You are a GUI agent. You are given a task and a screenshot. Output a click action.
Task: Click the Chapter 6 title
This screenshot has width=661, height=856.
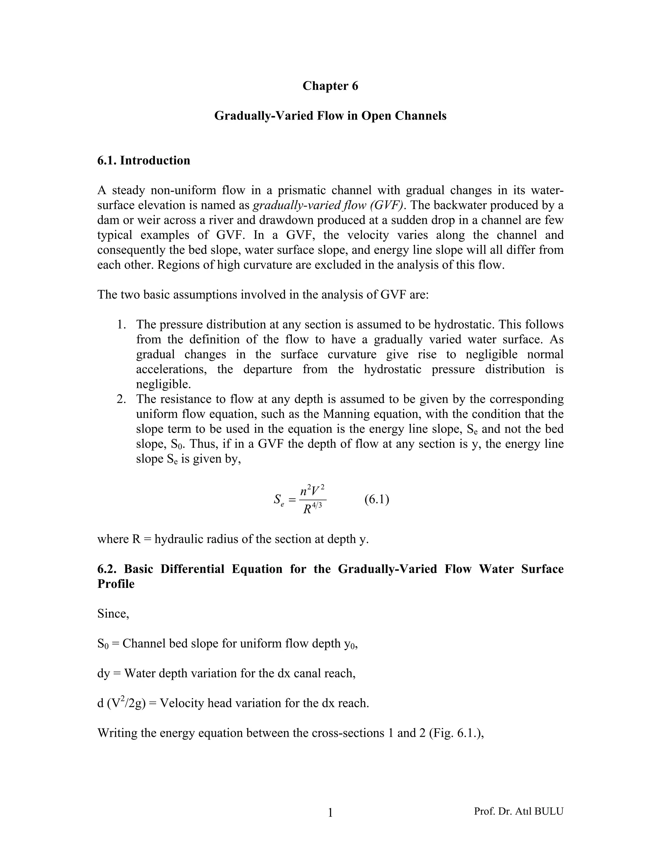pyautogui.click(x=330, y=86)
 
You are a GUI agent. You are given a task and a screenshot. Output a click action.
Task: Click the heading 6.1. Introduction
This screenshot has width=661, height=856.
pyautogui.click(x=144, y=160)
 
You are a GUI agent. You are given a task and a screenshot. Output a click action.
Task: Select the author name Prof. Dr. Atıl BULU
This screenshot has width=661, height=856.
pyautogui.click(x=518, y=811)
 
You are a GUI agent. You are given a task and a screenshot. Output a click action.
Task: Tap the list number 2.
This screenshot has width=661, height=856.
pyautogui.click(x=121, y=399)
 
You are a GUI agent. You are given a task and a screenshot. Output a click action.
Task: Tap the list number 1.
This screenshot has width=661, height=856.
pyautogui.click(x=121, y=325)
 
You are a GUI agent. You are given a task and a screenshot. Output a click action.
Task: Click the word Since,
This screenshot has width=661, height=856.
pyautogui.click(x=113, y=613)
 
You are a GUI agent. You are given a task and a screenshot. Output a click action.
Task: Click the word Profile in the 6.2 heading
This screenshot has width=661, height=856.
pyautogui.click(x=116, y=584)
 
